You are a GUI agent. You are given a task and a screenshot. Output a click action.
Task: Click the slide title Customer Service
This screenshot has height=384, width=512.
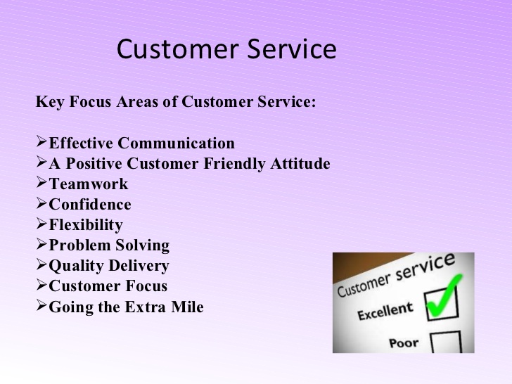226,49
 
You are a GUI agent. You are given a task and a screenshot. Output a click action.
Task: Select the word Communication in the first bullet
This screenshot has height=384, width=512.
176,143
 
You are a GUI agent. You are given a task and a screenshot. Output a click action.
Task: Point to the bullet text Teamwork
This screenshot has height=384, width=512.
89,184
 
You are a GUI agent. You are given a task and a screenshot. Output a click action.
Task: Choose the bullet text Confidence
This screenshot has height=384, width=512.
90,205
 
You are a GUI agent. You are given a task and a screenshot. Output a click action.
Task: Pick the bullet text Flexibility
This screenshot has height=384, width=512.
86,225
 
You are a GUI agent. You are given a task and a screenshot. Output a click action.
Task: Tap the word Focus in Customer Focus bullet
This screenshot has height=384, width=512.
146,286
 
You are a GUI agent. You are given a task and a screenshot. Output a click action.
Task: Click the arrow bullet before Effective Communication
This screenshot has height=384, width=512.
41,141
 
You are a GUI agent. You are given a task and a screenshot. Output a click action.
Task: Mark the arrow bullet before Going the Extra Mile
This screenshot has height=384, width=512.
41,305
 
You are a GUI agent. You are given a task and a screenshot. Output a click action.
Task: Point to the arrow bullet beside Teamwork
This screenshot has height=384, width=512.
41,182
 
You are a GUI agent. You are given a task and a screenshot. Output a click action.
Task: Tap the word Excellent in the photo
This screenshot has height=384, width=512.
385,311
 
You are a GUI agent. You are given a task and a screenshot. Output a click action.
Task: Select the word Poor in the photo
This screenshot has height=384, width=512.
404,343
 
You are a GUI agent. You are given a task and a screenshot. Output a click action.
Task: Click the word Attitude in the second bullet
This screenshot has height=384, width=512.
300,163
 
